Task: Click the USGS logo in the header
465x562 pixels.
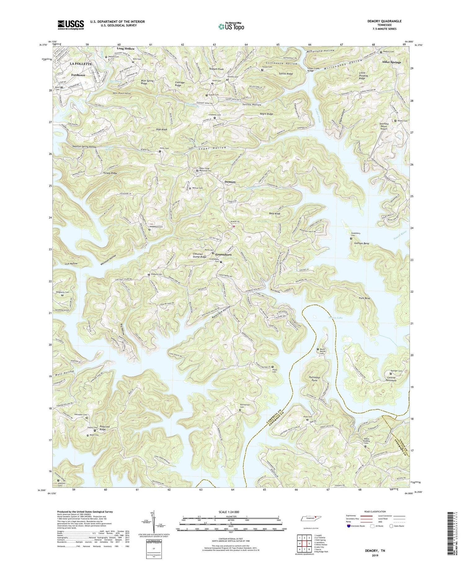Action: [x=71, y=24]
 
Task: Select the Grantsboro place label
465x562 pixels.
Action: [x=222, y=254]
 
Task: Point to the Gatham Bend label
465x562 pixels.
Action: [x=361, y=244]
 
